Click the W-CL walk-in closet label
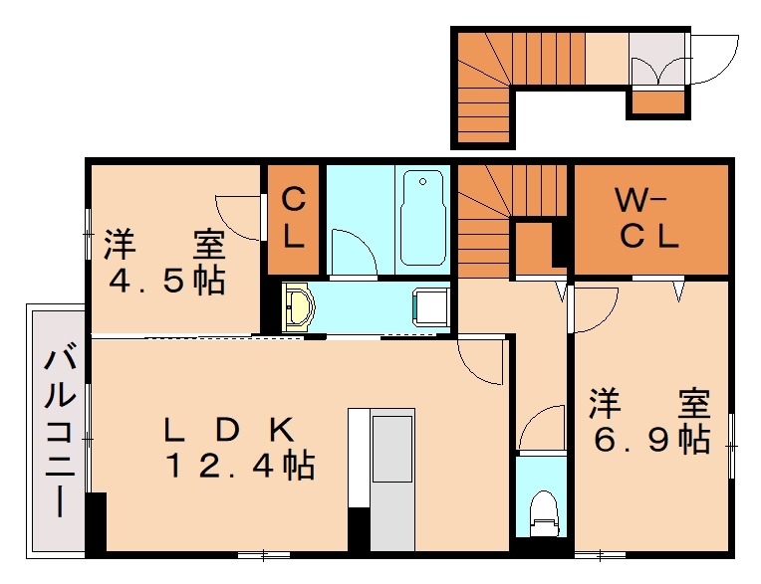[646, 219]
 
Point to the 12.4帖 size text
[239, 465]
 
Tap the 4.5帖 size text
[166, 281]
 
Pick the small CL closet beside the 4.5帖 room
[293, 219]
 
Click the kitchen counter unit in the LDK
[391, 478]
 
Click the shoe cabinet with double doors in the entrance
[657, 60]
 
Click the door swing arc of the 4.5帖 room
[239, 214]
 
